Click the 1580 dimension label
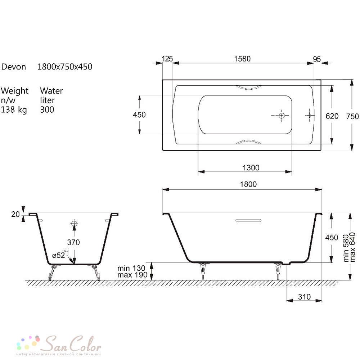coord(242,59)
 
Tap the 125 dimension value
coord(167,59)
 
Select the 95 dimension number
coord(317,59)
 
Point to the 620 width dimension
coord(332,116)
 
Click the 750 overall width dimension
coord(352,116)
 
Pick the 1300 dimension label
coord(251,168)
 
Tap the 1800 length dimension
coord(248,184)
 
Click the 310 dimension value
coord(304,297)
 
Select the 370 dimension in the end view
coord(73,242)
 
